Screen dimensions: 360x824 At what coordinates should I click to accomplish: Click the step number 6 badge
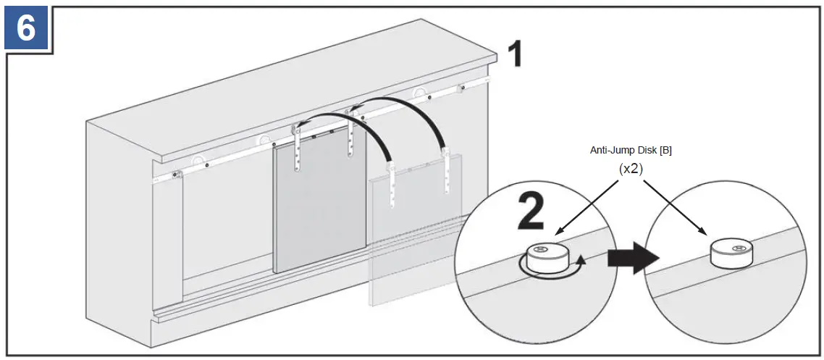[26, 28]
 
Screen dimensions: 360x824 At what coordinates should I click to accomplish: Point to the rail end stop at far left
[175, 175]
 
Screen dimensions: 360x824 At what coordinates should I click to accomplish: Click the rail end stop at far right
[461, 89]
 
